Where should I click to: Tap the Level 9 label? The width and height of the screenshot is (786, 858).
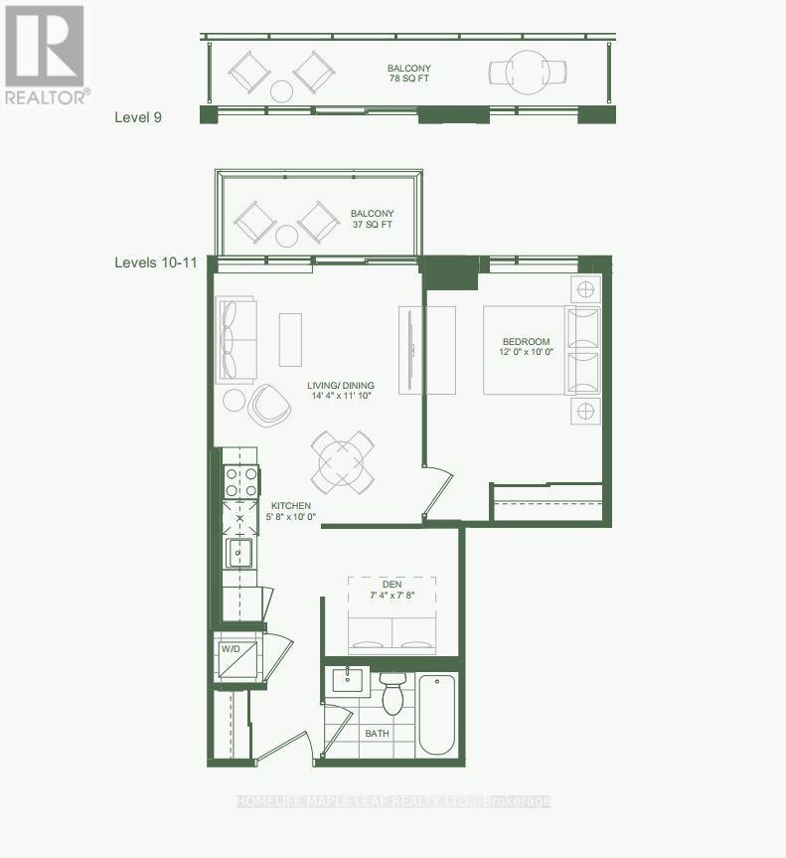tap(138, 117)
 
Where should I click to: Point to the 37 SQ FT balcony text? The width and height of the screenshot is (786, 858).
tap(373, 220)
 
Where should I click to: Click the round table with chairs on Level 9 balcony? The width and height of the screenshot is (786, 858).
tap(527, 72)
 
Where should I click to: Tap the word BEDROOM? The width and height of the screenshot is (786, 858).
tap(526, 342)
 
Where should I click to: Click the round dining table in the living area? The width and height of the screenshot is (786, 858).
tap(342, 462)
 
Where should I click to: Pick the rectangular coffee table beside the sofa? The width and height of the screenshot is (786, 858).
tap(290, 340)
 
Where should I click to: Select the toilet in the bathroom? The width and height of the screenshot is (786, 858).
tap(393, 692)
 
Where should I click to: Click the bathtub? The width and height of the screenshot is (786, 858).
tap(437, 714)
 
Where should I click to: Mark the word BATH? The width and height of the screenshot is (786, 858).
tap(377, 734)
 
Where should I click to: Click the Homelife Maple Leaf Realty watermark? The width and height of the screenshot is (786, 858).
tap(393, 801)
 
